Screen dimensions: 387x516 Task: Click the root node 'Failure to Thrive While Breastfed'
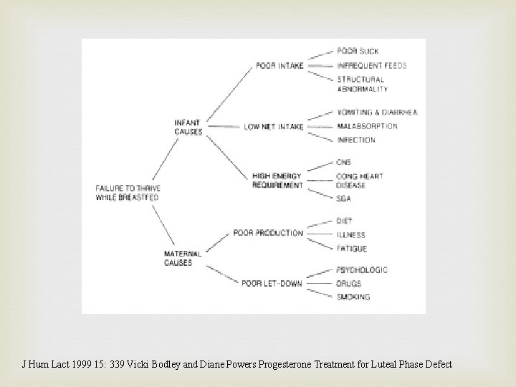[127, 193]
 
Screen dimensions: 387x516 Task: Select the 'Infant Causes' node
[188, 127]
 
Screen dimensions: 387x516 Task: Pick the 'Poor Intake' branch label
[279, 66]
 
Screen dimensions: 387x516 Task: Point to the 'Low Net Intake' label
[274, 127]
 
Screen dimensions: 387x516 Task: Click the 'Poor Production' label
[268, 233]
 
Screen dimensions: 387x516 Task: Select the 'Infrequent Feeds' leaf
[371, 65]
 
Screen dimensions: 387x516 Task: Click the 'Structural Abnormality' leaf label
[362, 84]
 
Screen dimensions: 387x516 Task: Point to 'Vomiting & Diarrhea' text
[376, 113]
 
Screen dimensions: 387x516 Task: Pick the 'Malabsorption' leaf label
[366, 126]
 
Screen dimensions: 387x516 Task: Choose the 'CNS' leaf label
[344, 163]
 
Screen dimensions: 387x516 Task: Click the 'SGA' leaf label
[344, 199]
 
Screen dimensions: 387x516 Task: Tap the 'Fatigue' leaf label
[351, 249]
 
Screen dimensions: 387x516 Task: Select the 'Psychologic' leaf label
[361, 270]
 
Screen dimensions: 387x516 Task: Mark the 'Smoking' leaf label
[353, 297]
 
